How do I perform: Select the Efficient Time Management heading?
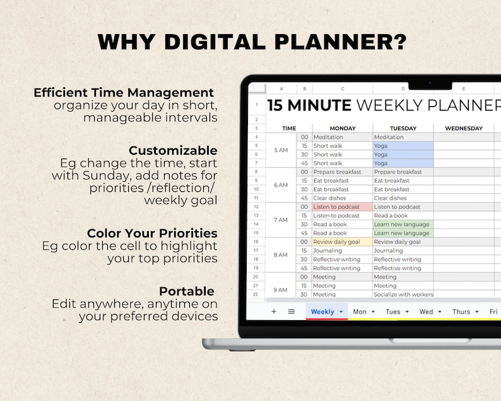[x=124, y=93]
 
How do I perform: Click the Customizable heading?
[x=173, y=150]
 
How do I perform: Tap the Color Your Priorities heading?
[x=152, y=233]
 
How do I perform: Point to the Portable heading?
[x=186, y=291]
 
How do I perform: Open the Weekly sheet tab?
[x=322, y=311]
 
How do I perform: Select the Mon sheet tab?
[x=360, y=311]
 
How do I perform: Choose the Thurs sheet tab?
[x=461, y=311]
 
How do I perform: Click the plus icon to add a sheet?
[x=274, y=311]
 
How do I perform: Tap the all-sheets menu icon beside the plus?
[x=292, y=311]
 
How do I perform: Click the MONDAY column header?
[x=342, y=128]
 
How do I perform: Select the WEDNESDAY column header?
[x=463, y=128]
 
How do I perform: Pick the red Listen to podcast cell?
[x=341, y=207]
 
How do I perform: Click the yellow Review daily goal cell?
[x=341, y=242]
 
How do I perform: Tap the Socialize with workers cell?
[x=403, y=294]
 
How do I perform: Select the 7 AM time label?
[x=281, y=220]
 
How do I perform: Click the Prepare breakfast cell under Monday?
[x=341, y=172]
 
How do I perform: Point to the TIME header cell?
[x=288, y=128]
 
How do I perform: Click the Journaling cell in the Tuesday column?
[x=403, y=251]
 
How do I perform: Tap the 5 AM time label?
[x=281, y=150]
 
